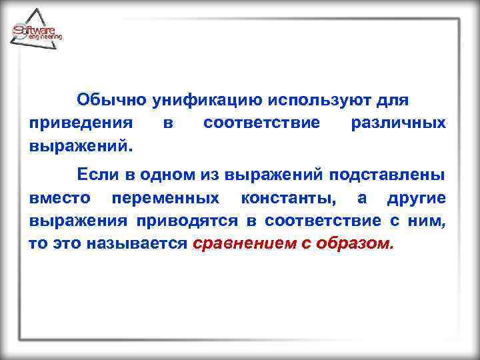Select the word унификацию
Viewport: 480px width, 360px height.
click(x=207, y=101)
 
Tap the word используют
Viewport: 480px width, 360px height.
click(x=319, y=101)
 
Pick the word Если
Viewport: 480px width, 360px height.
click(x=97, y=175)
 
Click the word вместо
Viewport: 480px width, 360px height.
click(x=61, y=198)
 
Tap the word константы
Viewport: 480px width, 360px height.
click(x=289, y=198)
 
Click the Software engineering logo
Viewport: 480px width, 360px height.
click(x=37, y=31)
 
